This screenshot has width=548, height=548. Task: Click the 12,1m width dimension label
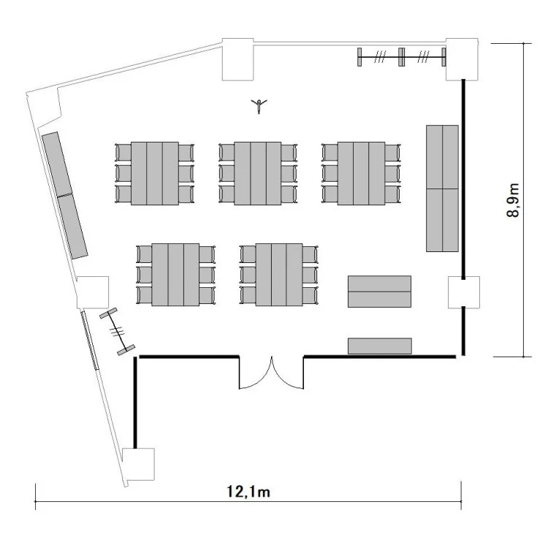coord(248,492)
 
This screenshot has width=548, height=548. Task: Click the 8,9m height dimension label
coord(513,200)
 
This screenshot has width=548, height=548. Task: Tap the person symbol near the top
coord(259,105)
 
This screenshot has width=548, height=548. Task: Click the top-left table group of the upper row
coord(154,173)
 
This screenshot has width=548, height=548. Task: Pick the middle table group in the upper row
coord(258,173)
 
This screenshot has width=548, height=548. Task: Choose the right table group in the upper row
coord(361,173)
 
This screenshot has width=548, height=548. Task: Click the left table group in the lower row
coord(175,275)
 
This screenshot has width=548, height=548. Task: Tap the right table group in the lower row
coord(279,275)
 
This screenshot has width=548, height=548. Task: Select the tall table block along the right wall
coord(442,189)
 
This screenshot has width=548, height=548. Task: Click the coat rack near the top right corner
coord(402,56)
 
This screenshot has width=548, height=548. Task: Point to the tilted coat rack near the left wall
coord(117,331)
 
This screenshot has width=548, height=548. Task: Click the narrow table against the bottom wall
coord(379,346)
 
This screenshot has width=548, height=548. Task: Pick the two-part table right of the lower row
coord(379,292)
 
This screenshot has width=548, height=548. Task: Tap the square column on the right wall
coord(464,292)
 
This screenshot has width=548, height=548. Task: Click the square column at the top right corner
coord(462,59)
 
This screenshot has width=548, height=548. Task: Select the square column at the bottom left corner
coord(138,464)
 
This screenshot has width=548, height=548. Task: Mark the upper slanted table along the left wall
coord(57,164)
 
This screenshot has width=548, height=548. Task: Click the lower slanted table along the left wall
coord(72,226)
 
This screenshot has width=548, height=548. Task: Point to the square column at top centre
coord(238,59)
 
